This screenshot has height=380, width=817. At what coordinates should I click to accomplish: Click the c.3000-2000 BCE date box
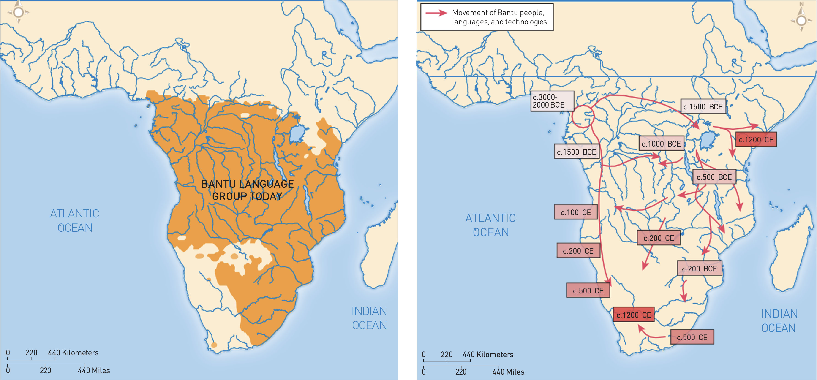point(552,101)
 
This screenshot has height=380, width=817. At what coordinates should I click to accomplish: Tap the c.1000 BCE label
point(661,144)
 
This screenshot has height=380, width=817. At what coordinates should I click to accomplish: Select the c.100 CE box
point(575,212)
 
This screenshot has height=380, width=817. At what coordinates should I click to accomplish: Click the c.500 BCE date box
point(714,177)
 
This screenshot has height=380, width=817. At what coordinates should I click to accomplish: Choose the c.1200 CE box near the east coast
point(756,140)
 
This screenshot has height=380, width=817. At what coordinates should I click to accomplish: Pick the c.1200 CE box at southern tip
point(633,315)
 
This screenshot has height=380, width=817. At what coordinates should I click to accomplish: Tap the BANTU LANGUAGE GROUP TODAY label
point(247,190)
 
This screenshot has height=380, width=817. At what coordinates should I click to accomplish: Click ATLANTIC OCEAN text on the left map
point(75,220)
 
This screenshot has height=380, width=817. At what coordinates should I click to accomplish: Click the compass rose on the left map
point(18,12)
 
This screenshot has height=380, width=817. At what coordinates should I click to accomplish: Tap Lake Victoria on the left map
point(298,134)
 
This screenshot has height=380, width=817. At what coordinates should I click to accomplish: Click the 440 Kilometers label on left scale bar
point(73,352)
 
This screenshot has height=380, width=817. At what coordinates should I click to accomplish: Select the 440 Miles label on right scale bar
point(508,372)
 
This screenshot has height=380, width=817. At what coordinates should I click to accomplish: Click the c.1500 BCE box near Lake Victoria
point(703,107)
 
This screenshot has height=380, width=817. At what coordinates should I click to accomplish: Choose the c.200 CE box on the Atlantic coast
point(578,251)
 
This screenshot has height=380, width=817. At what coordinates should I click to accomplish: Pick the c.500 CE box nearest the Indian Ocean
point(692,337)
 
